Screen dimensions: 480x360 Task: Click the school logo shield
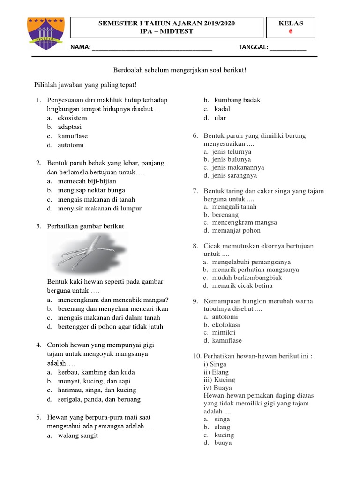pos(45,33)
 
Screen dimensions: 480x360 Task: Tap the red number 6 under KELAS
pos(291,31)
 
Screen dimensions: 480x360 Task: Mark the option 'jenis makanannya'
pos(238,167)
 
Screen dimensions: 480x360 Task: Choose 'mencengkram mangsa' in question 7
pos(244,222)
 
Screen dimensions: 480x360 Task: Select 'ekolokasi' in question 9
pos(226,325)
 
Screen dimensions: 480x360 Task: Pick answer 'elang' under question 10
pos(222,427)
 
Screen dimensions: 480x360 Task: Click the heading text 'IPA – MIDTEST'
pos(166,31)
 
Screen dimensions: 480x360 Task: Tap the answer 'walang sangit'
pos(78,435)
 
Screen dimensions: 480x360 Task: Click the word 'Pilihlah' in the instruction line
pos(46,85)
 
